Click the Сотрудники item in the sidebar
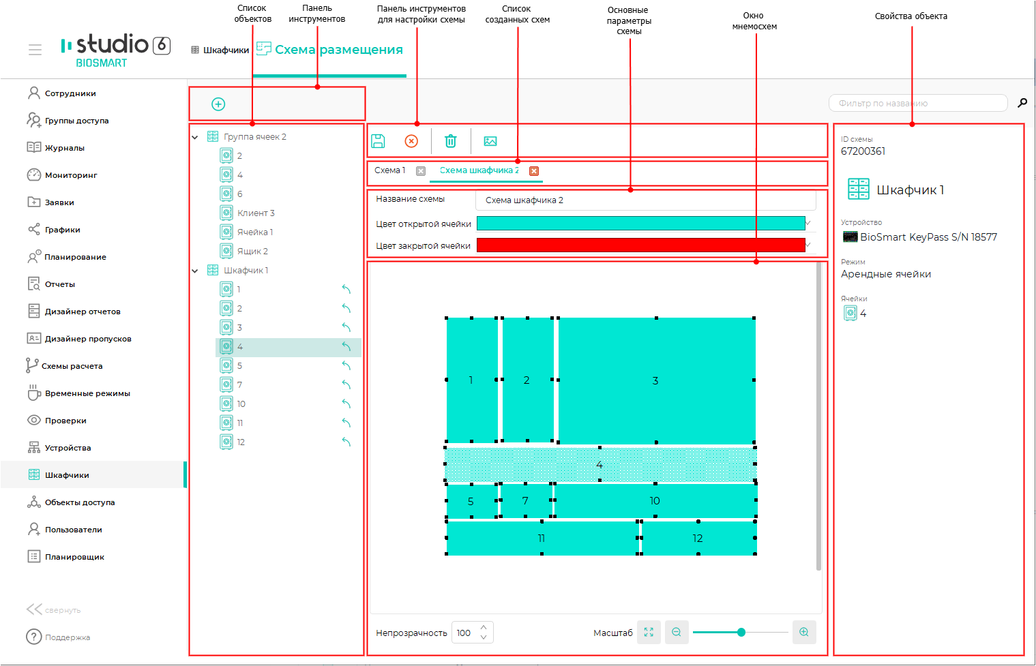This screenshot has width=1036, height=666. point(70,93)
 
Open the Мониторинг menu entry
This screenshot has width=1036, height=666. point(71,175)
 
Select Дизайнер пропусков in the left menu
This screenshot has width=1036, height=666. point(88,339)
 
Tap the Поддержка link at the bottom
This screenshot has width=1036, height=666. point(68,637)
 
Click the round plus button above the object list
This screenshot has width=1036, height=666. point(218,104)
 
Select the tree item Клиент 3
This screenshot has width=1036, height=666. point(256,213)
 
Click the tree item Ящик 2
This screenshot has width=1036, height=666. point(252,252)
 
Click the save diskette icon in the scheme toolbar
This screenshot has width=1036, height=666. point(378,141)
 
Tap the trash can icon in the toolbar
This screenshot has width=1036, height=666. point(450,141)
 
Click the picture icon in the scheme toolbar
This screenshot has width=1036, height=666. point(490,141)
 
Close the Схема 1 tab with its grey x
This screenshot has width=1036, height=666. point(420,171)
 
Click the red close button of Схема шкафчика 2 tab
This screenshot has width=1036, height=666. point(534,171)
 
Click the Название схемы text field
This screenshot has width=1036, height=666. point(646,200)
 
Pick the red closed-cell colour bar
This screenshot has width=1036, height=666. point(640,245)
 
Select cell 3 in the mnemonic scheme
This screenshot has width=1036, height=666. point(656,380)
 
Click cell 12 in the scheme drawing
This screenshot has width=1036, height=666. point(698,538)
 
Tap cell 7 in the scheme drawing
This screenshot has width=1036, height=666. point(526,500)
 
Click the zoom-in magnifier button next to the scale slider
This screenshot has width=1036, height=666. point(804,633)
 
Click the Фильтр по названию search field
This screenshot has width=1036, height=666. point(918,103)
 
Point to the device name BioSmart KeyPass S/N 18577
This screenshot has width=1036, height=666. point(929,237)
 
